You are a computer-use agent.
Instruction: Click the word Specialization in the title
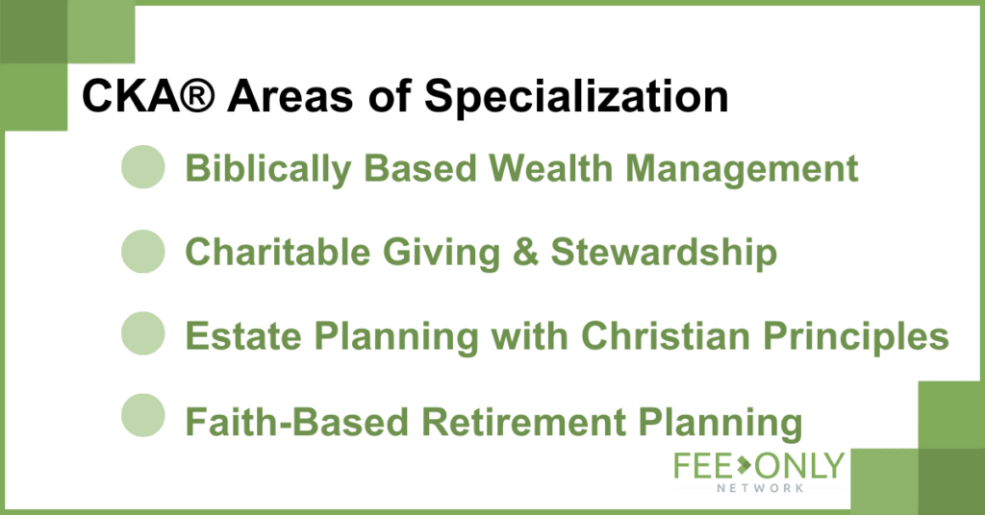[576, 98]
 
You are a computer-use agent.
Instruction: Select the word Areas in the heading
[290, 97]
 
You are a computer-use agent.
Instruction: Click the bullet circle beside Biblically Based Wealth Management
[143, 167]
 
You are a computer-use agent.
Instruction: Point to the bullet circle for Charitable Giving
[143, 252]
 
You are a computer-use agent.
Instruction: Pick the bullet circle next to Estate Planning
[143, 333]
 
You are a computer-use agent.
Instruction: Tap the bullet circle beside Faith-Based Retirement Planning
[143, 415]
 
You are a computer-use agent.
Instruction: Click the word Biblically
[268, 169]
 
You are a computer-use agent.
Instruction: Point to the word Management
[742, 169]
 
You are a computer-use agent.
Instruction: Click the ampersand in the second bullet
[525, 252]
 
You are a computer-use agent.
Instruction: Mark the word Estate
[243, 335]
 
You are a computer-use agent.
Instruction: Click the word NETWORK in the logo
[760, 488]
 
